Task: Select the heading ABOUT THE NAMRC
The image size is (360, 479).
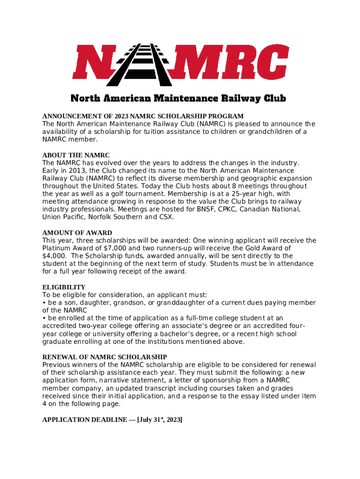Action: pyautogui.click(x=76, y=155)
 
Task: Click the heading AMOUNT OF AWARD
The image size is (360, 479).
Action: pyautogui.click(x=77, y=232)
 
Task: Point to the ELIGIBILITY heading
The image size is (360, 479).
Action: pyautogui.click(x=64, y=287)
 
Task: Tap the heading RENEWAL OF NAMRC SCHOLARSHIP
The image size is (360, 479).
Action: pyautogui.click(x=105, y=357)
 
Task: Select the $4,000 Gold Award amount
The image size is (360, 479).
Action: pyautogui.click(x=53, y=256)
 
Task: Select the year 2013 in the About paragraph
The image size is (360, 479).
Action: pyautogui.click(x=70, y=170)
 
